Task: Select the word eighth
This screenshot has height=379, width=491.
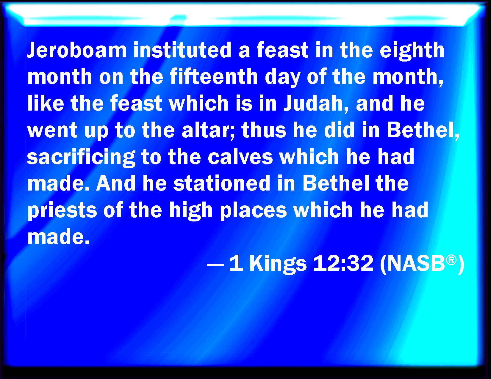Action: [412, 51]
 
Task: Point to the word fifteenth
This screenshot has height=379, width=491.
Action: [214, 76]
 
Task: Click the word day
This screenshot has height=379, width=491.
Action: [282, 78]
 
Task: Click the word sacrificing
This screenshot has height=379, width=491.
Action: [81, 158]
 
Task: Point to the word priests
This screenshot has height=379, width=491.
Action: [62, 211]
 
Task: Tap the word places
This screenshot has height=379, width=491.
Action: [253, 211]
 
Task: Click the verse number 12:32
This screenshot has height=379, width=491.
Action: [343, 263]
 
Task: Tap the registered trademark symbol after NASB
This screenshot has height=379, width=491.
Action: [451, 260]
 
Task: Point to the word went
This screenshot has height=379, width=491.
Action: [52, 130]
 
